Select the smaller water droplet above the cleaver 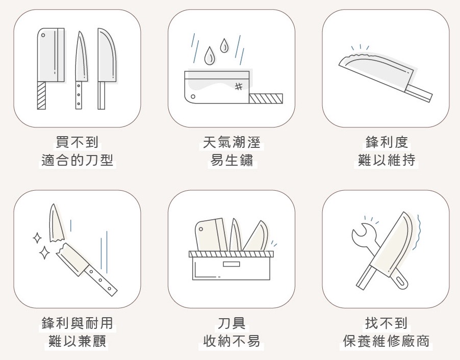tap(224, 46)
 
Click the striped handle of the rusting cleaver tap(266, 98)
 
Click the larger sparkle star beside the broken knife tap(44, 252)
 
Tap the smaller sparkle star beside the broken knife tap(37, 238)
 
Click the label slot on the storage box tap(232, 264)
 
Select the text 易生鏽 tap(232, 161)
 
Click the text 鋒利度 tap(387, 142)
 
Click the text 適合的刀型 tap(77, 161)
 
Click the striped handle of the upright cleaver tap(41, 95)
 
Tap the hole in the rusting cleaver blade tap(193, 96)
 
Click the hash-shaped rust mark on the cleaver tap(239, 86)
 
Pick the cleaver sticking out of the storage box tap(211, 235)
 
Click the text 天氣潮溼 tap(232, 142)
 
